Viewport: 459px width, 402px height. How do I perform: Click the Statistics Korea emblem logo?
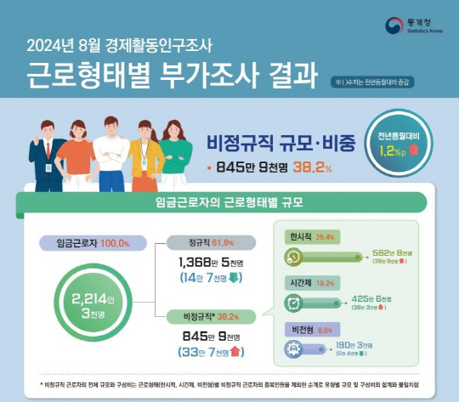[x=394, y=27]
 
